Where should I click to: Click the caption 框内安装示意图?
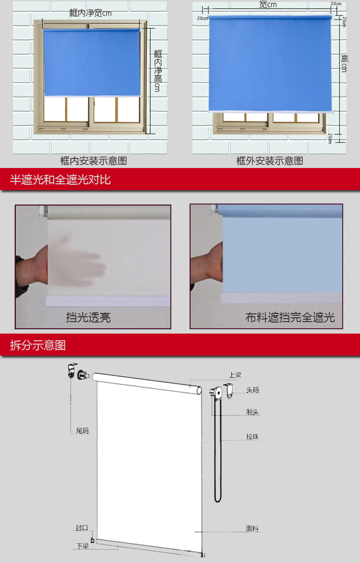click(94, 161)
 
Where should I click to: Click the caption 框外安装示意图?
click(269, 161)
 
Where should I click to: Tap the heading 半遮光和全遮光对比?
click(60, 180)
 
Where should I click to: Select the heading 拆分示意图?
click(38, 345)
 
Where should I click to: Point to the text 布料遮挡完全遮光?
click(290, 317)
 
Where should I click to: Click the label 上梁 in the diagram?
click(235, 374)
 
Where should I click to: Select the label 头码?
click(252, 390)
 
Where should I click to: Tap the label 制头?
click(252, 412)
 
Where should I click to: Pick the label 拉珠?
click(252, 437)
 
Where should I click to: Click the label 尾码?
click(83, 431)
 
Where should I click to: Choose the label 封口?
click(82, 528)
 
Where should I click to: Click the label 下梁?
click(83, 546)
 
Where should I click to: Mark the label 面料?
click(252, 528)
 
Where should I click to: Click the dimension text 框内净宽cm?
click(91, 13)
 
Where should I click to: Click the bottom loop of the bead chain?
click(218, 500)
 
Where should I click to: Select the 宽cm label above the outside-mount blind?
click(268, 5)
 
